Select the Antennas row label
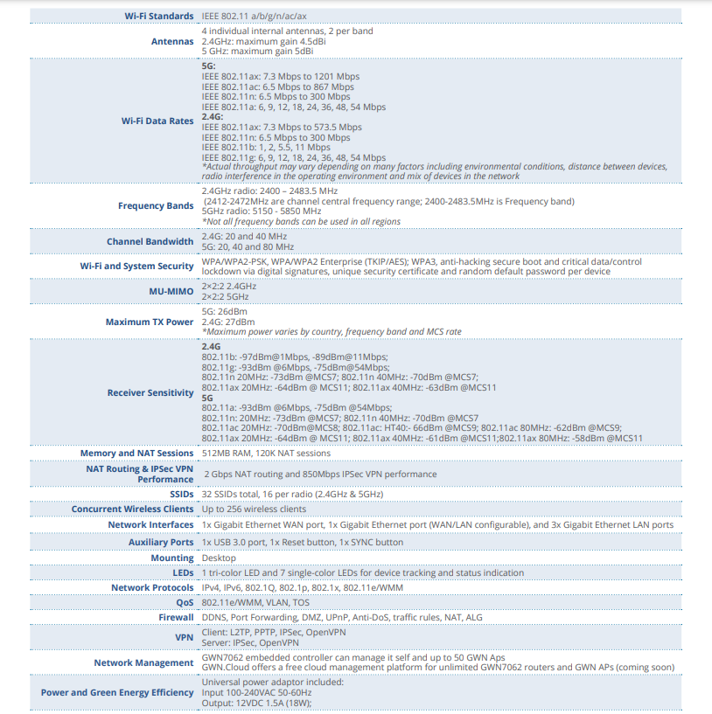point(172,41)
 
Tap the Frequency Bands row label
point(156,206)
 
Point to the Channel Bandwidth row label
point(150,242)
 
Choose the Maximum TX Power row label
point(150,322)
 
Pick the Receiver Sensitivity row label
point(150,392)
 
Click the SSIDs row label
point(180,494)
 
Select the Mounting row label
point(172,558)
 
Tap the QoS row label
point(185,603)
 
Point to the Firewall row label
point(175,618)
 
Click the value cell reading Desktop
point(219,558)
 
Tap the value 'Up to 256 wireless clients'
point(254,509)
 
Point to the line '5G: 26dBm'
point(224,311)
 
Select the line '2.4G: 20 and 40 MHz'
point(244,237)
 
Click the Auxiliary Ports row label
point(161,542)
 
